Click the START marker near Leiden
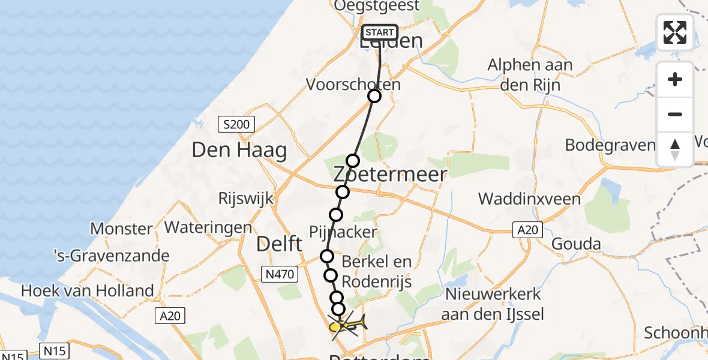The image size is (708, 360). [x=380, y=32]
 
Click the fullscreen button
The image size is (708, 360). [x=675, y=32]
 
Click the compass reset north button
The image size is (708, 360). [x=675, y=149]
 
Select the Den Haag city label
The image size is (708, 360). [x=239, y=150]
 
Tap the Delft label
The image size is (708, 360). [x=279, y=244]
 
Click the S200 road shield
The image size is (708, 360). [x=236, y=125]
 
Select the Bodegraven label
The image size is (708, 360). [x=610, y=145]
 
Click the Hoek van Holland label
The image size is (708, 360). [x=88, y=291]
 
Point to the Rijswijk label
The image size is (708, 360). [x=245, y=199]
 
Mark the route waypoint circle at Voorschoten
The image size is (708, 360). [x=374, y=96]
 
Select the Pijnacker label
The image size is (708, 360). [x=343, y=232]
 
